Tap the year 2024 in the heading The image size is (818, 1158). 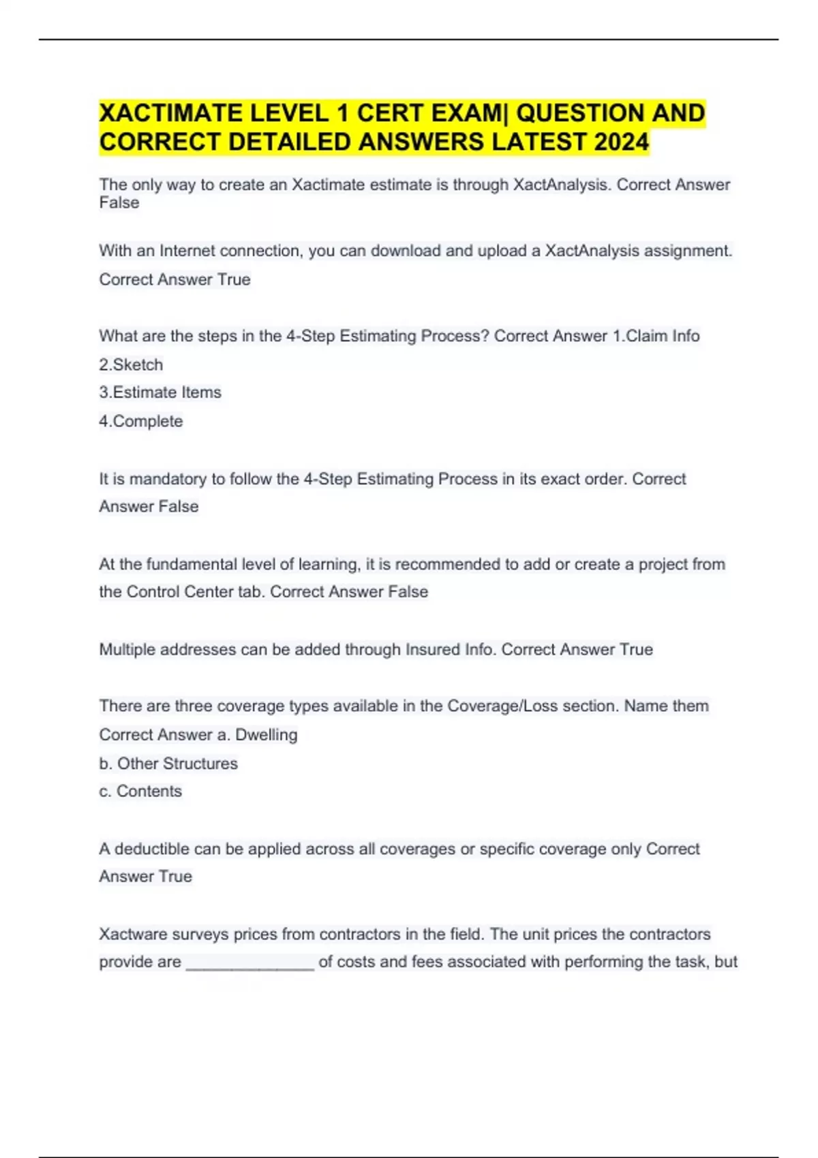point(622,142)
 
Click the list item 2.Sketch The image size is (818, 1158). point(131,364)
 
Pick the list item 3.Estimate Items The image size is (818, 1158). point(160,392)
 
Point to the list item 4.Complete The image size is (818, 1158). point(141,421)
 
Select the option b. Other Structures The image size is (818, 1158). point(168,764)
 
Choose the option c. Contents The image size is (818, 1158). point(140,791)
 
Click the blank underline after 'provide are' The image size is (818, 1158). point(249,963)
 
